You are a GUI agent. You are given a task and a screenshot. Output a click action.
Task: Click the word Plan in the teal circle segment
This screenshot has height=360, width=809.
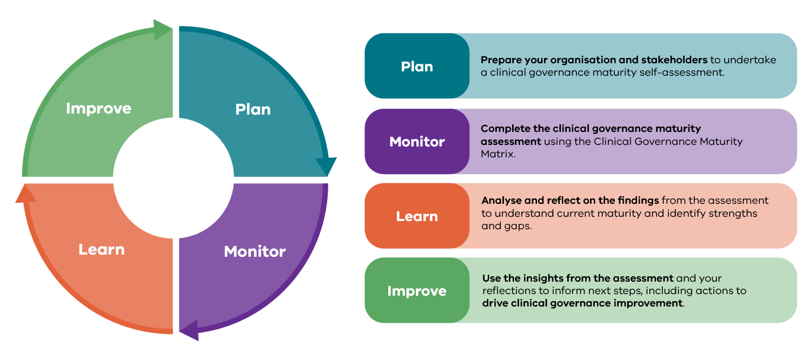(253, 109)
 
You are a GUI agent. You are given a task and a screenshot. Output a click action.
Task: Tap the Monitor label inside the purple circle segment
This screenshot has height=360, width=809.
(255, 251)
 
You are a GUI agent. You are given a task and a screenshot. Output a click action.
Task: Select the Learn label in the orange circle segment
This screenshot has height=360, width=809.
(102, 249)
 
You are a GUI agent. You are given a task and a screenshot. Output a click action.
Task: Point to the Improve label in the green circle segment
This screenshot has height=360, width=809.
(98, 108)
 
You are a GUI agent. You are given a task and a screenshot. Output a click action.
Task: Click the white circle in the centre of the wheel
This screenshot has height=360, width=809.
(174, 177)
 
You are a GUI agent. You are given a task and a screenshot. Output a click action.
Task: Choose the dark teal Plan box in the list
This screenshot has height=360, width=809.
(417, 66)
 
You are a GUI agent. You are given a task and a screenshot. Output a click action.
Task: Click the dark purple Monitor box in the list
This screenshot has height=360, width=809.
(417, 142)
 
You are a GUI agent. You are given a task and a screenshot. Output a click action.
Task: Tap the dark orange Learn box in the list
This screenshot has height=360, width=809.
(417, 216)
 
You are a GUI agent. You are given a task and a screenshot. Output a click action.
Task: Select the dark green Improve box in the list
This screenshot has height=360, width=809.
(417, 291)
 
